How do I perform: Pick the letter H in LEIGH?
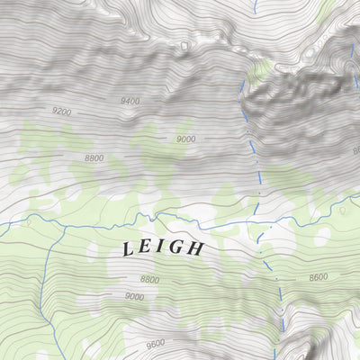point(196,248)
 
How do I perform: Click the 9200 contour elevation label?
point(61,112)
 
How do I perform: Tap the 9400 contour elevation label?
point(130,102)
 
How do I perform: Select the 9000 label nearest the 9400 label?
point(186,139)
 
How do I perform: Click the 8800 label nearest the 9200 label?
point(94,157)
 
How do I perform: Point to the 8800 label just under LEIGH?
point(149,280)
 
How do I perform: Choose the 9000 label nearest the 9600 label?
point(134,296)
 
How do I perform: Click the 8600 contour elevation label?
point(318,278)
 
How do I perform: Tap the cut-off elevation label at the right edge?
point(355,150)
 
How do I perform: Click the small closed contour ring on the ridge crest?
point(184,44)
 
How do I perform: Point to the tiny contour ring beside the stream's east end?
point(343,211)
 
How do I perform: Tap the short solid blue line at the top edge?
point(255,5)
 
